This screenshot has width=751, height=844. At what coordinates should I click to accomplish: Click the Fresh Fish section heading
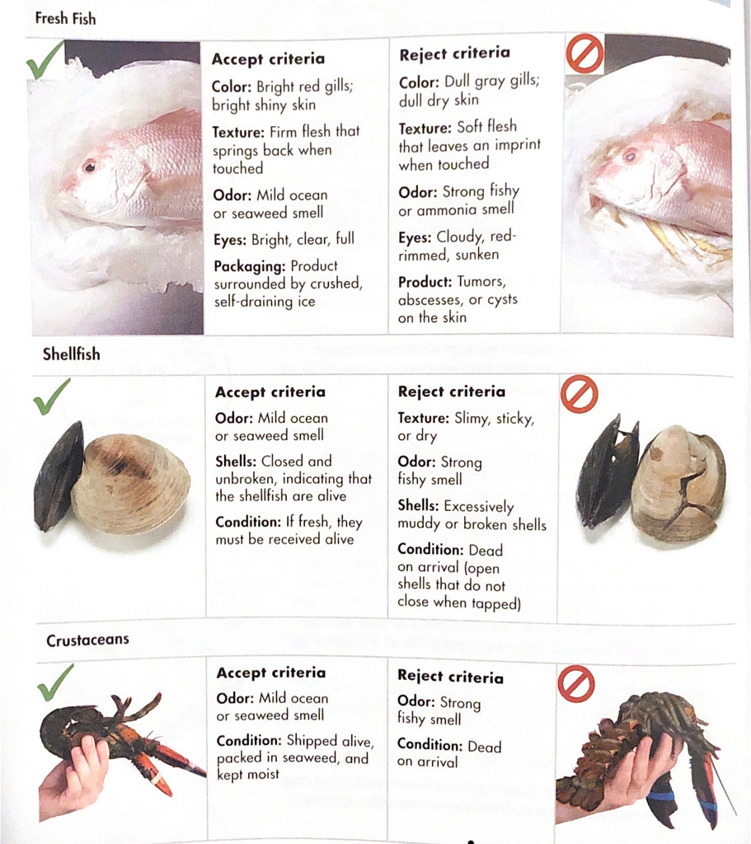tap(65, 19)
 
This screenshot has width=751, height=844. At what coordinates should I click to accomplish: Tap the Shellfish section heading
tap(71, 354)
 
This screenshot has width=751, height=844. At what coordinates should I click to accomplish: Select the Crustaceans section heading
tap(87, 640)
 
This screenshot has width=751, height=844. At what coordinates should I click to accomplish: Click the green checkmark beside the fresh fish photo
tap(45, 60)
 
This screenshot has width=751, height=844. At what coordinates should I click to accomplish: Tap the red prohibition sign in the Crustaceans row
tap(576, 683)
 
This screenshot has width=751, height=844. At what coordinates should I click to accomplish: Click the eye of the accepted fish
tap(89, 166)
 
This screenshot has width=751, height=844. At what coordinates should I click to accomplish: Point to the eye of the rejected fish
tap(629, 156)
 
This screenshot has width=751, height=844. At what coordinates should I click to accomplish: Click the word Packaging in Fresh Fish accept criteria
tap(249, 266)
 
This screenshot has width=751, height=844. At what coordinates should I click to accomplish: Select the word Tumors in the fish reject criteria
tap(481, 282)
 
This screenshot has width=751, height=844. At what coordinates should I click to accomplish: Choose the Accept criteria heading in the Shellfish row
tap(270, 392)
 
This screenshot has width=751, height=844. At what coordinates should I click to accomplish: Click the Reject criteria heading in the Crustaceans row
tap(451, 677)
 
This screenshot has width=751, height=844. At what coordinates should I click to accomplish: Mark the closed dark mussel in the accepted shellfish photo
tap(59, 476)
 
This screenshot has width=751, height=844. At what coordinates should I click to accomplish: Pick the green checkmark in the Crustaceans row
tap(55, 682)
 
